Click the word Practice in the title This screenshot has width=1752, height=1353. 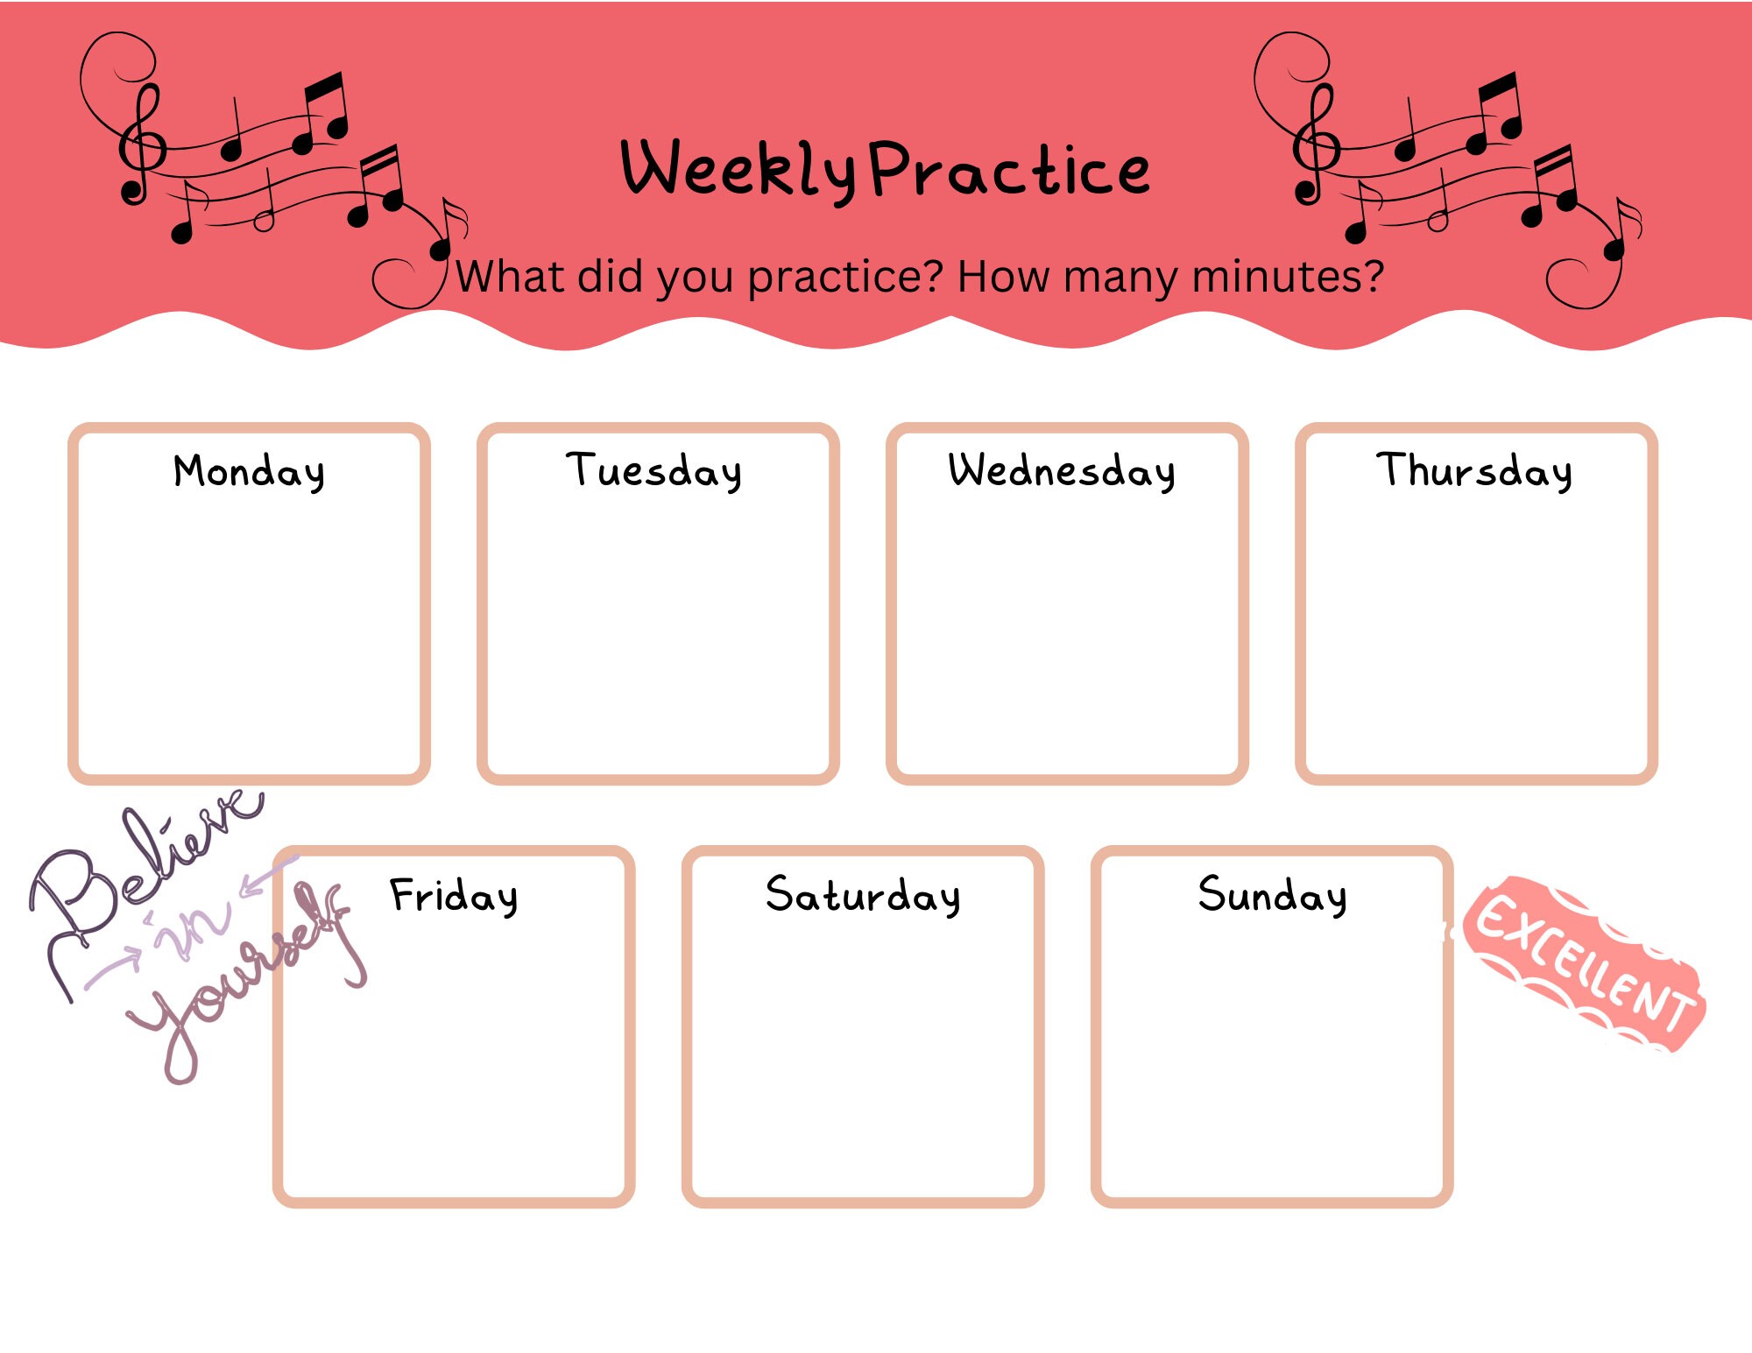[1010, 170]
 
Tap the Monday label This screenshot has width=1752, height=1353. [250, 472]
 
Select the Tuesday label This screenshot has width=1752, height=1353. [654, 472]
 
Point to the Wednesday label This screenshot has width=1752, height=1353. [1062, 472]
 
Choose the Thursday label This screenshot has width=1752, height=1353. [1474, 472]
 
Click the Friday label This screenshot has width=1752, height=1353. [454, 896]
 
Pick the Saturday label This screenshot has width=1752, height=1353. [863, 896]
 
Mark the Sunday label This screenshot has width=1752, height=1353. [1272, 896]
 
